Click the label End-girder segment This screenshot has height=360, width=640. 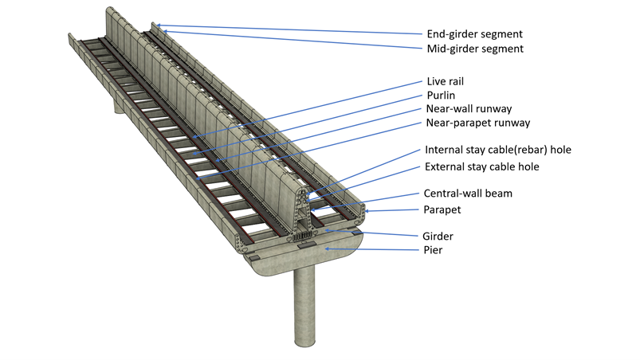pos(474,34)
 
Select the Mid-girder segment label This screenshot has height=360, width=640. pos(474,49)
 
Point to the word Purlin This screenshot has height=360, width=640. pos(442,95)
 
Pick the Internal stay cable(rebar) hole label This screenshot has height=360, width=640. pos(498,149)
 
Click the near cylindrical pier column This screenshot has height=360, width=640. pos(304,307)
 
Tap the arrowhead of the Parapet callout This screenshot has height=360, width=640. pos(364,210)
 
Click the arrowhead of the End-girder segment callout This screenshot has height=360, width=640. pos(155,25)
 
